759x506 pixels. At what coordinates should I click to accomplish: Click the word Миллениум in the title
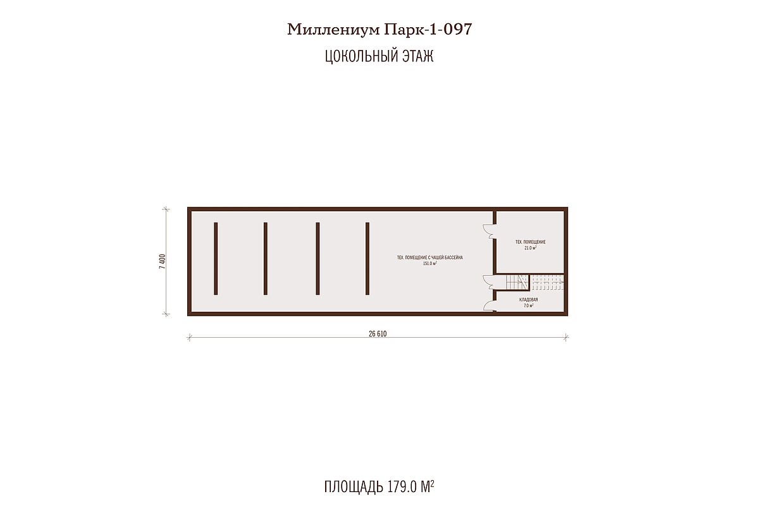(334, 30)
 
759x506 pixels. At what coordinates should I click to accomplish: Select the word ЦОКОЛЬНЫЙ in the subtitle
(361, 56)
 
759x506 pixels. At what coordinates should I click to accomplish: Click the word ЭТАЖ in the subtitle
(418, 56)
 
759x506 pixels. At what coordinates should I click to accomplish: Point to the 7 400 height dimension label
(163, 261)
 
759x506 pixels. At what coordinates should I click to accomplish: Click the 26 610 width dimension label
(378, 334)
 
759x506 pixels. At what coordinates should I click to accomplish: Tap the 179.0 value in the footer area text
(402, 487)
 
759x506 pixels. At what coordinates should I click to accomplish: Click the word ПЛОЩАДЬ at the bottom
(354, 487)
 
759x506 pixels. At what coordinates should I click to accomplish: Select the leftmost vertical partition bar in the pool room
(216, 259)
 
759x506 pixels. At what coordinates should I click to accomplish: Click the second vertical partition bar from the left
(265, 259)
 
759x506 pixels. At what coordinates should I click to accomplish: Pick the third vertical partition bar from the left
(318, 259)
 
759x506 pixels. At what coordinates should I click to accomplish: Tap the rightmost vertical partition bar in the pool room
(367, 259)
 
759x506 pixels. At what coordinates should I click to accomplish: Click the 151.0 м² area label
(429, 263)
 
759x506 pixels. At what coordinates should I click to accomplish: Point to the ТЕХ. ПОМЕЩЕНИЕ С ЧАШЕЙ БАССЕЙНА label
(429, 257)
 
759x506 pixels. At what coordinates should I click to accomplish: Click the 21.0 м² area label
(530, 248)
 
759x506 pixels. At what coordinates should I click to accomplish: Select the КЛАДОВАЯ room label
(528, 300)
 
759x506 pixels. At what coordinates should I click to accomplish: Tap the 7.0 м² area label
(528, 305)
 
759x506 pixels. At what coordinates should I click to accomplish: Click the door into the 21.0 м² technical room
(490, 231)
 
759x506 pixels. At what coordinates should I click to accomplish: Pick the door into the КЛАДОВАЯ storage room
(490, 305)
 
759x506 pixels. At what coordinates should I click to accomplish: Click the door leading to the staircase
(490, 282)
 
